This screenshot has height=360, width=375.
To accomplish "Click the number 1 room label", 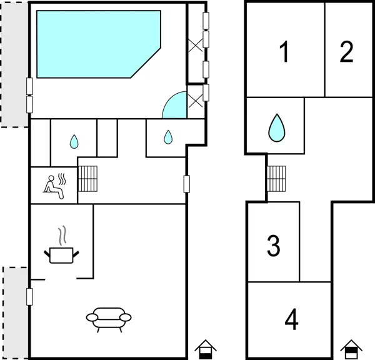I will pos(284,52).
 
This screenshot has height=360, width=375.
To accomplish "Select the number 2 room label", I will pos(347,52).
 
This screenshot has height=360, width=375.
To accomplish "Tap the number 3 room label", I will pos(273,246).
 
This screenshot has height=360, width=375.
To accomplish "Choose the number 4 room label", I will pos(291,320).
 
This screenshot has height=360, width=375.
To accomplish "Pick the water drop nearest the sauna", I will pos(74,142).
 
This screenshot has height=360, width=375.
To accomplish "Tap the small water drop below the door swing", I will pos(167,136).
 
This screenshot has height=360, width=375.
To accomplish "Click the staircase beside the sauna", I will pos(87,180).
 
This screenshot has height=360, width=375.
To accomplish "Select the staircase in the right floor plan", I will pos(276,180).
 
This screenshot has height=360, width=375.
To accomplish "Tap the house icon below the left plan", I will pos(204,348).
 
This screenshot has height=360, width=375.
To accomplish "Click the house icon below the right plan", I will pos(351,348).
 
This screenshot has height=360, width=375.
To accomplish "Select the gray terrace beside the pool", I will pos(14,62).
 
